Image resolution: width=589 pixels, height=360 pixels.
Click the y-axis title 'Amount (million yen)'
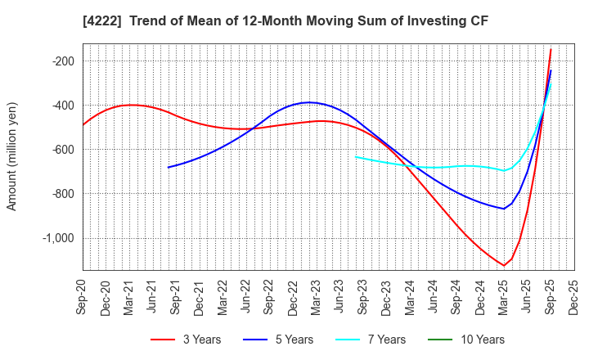pyautogui.click(x=11, y=156)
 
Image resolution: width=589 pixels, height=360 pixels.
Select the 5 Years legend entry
pyautogui.click(x=286, y=340)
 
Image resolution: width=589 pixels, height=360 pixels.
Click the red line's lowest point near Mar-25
pyautogui.click(x=504, y=265)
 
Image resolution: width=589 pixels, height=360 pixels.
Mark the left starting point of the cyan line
pyautogui.click(x=356, y=156)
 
